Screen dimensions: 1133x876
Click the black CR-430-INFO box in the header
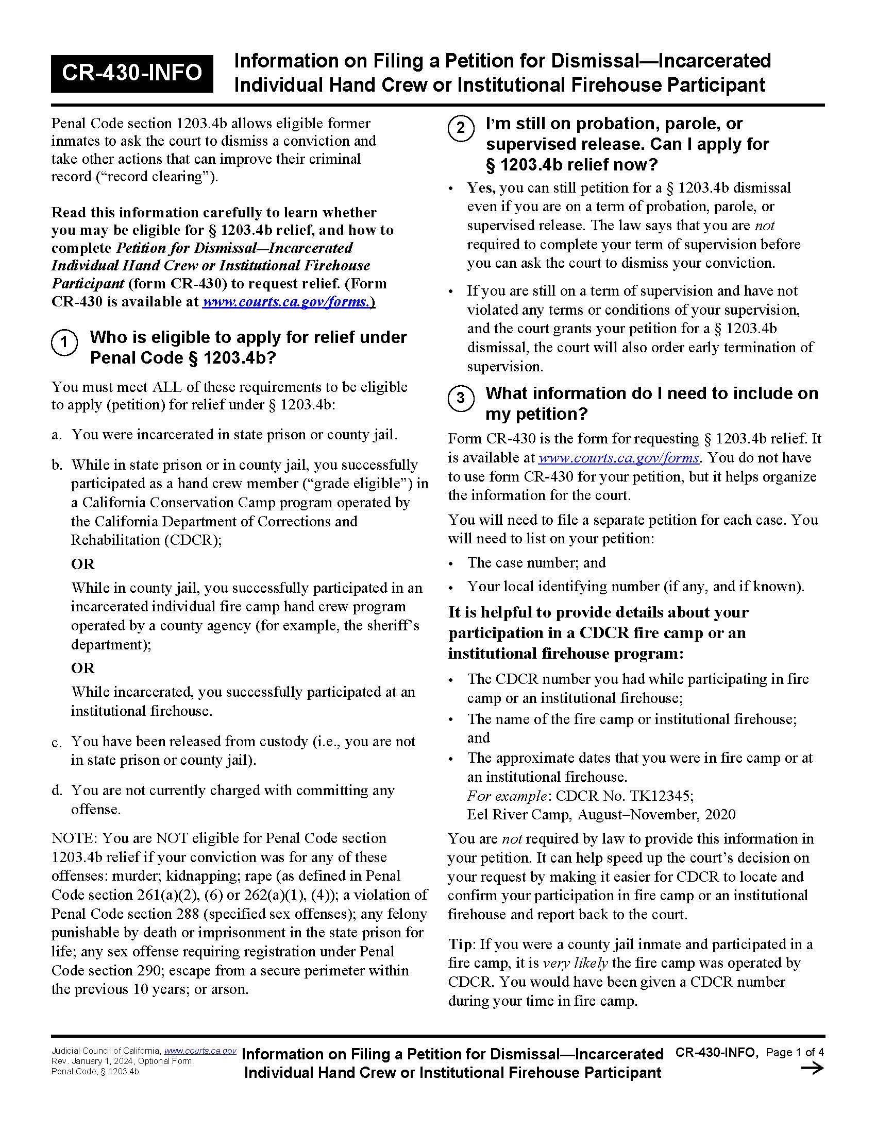tap(132, 73)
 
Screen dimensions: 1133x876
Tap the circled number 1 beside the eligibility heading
tap(64, 342)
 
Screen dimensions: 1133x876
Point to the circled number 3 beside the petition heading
tap(460, 399)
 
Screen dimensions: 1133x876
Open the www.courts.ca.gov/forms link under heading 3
tap(618, 457)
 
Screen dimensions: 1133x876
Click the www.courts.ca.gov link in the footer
tap(200, 1051)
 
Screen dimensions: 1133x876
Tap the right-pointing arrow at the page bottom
tap(812, 1068)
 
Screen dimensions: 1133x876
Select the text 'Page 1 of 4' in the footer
tap(795, 1052)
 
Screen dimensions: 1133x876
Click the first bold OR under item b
tap(82, 564)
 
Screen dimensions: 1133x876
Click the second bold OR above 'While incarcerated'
tap(82, 667)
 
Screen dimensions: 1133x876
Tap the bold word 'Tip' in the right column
tap(460, 944)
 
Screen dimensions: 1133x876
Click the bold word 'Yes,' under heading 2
tap(481, 188)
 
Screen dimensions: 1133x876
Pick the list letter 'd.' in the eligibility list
tap(57, 791)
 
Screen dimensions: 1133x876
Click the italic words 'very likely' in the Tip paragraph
tap(575, 964)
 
